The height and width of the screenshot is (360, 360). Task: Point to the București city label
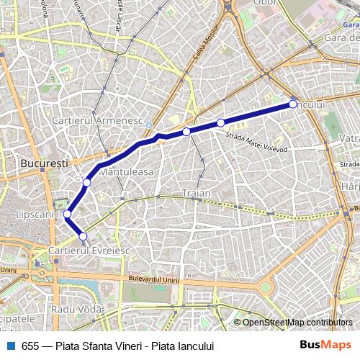click(x=44, y=163)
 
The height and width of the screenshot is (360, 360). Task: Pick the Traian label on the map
click(x=197, y=193)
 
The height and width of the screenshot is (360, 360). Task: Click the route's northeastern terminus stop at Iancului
click(x=293, y=104)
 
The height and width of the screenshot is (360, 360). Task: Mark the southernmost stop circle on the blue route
click(x=83, y=236)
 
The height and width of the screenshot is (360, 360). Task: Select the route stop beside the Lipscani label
click(x=67, y=214)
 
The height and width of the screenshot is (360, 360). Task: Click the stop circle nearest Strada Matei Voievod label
click(x=220, y=122)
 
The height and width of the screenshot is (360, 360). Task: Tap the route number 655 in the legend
click(x=30, y=345)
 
